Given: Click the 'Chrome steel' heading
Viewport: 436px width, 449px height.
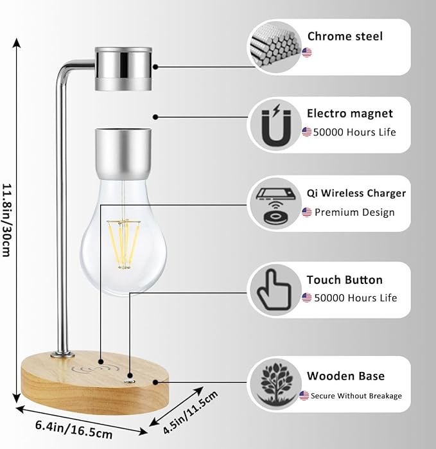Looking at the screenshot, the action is point(345,37).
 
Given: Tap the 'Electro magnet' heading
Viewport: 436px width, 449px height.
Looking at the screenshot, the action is point(349,114).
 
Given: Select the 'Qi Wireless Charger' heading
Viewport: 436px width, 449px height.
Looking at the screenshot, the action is point(356,193).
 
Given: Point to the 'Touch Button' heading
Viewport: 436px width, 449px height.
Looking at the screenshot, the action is point(344,280).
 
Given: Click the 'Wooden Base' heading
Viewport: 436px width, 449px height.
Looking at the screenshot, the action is point(345,376).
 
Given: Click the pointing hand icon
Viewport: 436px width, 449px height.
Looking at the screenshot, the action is point(275,290).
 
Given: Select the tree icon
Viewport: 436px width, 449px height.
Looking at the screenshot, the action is point(275,383).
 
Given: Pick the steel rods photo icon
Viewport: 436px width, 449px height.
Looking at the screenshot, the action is point(274,48).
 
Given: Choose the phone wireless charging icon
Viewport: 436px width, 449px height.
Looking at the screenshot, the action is point(275,206).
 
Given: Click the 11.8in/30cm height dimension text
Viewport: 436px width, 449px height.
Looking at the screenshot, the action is point(7,220).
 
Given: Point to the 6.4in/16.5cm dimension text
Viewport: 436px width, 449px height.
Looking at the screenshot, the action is point(74,429).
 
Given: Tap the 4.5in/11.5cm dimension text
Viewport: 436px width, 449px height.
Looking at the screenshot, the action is point(190,412).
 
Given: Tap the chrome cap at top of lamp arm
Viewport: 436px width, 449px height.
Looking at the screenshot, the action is point(124,69).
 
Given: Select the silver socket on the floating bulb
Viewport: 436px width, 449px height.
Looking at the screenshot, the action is point(123,154).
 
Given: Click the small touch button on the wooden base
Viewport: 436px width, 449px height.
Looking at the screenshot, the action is point(130,382).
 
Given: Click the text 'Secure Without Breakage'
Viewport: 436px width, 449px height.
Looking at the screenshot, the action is point(356,396).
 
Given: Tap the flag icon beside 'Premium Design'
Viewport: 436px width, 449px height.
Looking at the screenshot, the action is point(306,212).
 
